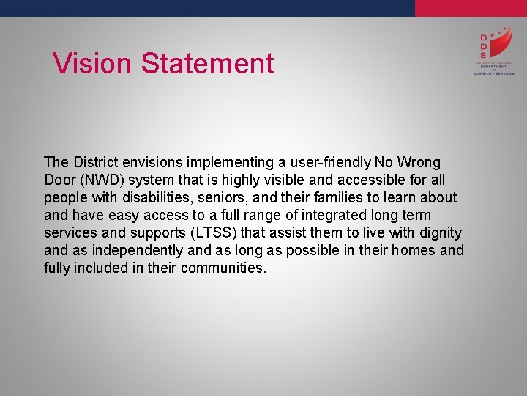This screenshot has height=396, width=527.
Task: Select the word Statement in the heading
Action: point(207,63)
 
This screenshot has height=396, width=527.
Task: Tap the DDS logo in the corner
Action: point(493,53)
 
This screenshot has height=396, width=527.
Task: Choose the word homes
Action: point(416,250)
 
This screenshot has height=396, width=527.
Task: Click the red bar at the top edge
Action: point(471,8)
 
